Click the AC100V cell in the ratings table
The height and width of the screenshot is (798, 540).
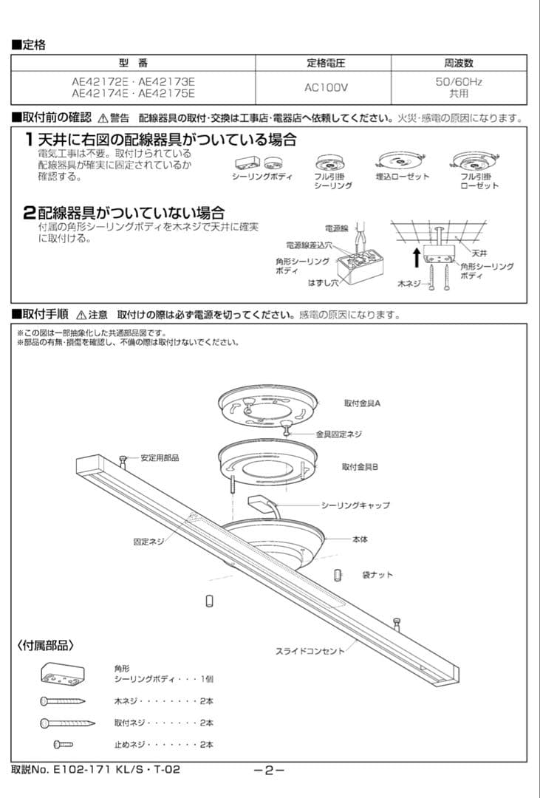point(326,87)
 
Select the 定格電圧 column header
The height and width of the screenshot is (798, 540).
point(326,63)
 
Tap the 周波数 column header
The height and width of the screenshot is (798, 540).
point(458,63)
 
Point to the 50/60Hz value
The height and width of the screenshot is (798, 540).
point(458,82)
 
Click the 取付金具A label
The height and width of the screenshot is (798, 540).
point(361,403)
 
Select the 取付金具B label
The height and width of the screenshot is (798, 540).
point(360,467)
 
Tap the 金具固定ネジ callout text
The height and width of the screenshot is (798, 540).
point(339,434)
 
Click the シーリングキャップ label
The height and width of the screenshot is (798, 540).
point(355,505)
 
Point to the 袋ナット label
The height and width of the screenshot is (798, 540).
point(377,575)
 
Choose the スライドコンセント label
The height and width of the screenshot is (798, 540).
point(310,651)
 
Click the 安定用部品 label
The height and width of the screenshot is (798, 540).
point(160,458)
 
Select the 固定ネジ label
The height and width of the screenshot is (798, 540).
point(148,542)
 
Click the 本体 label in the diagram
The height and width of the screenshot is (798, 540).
point(360,539)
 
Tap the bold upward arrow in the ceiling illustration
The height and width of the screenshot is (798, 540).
point(416,258)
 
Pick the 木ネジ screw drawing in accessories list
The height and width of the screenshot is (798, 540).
point(63,700)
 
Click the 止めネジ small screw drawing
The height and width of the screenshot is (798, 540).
point(63,744)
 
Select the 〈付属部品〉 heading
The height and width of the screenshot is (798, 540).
point(46,645)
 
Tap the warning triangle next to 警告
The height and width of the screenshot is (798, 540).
point(103,118)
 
